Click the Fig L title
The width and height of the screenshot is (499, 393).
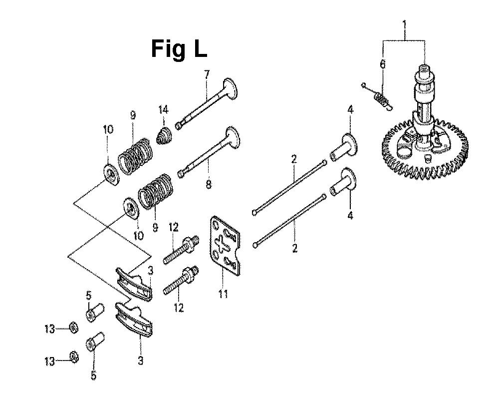click(x=179, y=49)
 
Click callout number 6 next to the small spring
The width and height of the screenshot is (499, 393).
click(x=383, y=64)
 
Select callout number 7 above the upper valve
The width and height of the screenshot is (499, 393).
click(x=207, y=74)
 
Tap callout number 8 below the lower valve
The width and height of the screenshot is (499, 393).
click(x=209, y=184)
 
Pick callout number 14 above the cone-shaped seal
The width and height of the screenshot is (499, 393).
click(x=163, y=110)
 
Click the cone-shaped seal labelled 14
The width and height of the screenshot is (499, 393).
click(x=165, y=135)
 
